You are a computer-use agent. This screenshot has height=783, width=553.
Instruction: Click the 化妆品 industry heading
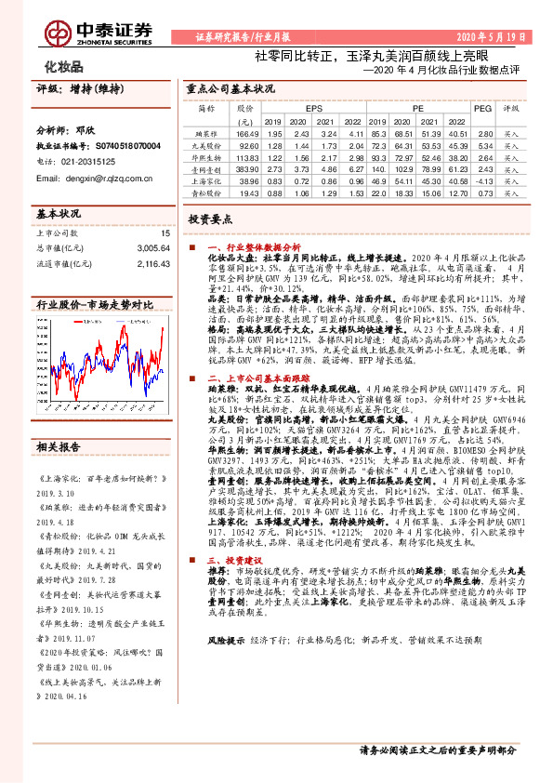pos(64,67)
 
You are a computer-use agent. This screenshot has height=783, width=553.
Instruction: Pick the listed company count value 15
pos(166,233)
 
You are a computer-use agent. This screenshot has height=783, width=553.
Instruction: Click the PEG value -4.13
pos(482,183)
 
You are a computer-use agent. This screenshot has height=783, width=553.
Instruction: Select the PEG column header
pos(482,109)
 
